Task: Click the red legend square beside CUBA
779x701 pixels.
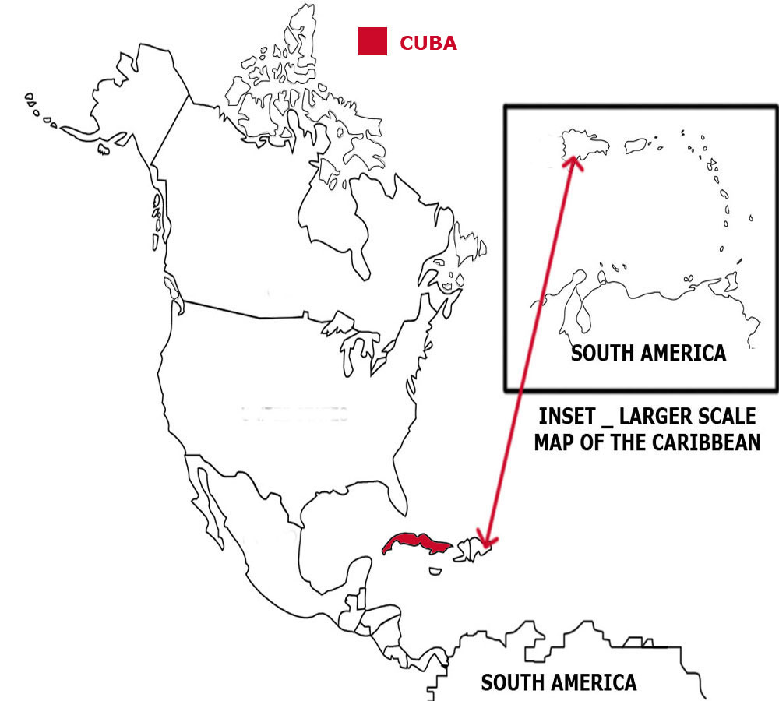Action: click(372, 41)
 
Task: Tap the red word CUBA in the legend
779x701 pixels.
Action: click(428, 43)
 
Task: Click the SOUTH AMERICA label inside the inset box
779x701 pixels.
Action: click(648, 353)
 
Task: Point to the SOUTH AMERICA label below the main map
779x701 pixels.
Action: click(558, 683)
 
